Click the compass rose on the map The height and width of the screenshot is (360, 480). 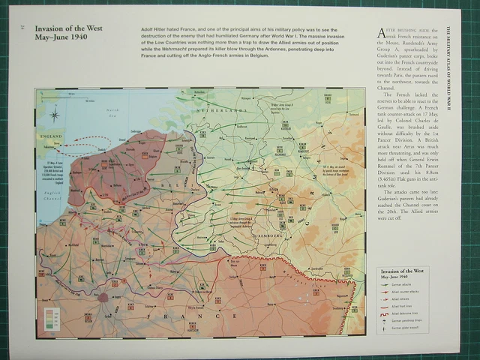tap(55, 115)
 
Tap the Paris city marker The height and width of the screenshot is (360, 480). tap(103, 297)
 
